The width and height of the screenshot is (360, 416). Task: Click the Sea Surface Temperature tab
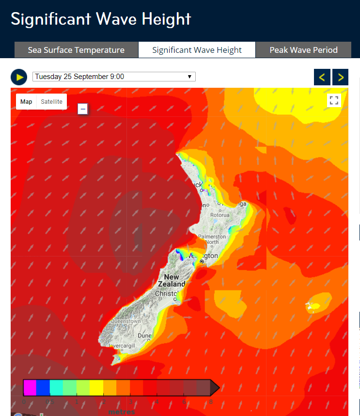tap(76, 50)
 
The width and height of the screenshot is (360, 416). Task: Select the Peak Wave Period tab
tap(303, 50)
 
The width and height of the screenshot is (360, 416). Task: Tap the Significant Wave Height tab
tap(197, 50)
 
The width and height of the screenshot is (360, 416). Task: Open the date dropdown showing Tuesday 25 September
tap(114, 77)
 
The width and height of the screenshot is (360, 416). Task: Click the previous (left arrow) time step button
tap(322, 77)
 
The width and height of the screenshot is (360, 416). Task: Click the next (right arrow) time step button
tap(341, 77)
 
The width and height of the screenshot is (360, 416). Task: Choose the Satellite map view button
tap(51, 102)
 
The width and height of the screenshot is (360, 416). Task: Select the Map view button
tap(26, 102)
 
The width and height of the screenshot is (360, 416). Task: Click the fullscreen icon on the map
tap(334, 100)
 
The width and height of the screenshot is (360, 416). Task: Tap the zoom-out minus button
tap(83, 109)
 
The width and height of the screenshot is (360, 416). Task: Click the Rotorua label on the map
tap(219, 215)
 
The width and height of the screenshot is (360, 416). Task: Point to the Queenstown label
tap(125, 321)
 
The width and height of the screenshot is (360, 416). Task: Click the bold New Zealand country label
tap(172, 281)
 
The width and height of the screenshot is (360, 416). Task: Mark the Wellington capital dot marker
tap(201, 262)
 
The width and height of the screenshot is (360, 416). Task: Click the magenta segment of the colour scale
tap(30, 387)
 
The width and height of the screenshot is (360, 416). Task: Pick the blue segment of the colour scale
tap(43, 387)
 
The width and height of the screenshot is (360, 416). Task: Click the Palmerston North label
tap(212, 239)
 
